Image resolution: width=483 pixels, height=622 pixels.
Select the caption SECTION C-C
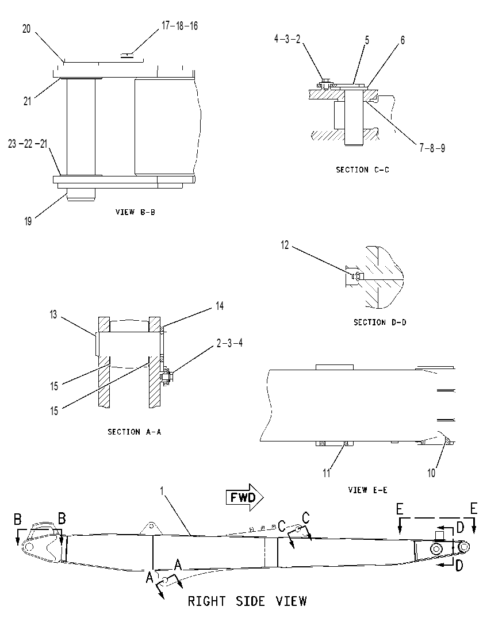(x=362, y=170)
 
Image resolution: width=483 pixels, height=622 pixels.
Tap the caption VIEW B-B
(x=135, y=212)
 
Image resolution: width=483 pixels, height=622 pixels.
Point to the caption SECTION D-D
(x=380, y=322)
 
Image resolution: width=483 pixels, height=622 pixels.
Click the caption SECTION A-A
(x=135, y=432)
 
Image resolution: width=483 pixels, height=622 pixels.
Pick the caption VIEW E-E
(x=368, y=490)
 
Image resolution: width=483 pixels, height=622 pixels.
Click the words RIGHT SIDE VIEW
(x=247, y=601)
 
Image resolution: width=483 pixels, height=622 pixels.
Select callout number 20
(x=26, y=29)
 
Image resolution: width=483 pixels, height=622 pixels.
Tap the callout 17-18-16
(x=179, y=26)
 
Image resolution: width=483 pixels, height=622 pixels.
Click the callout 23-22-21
(x=28, y=144)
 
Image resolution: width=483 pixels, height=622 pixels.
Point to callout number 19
(x=28, y=221)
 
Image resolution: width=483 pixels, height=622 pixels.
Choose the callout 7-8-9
(x=432, y=148)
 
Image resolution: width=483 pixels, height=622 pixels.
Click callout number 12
(x=285, y=245)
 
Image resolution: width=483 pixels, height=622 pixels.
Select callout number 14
(x=220, y=306)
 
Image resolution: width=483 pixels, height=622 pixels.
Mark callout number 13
(x=53, y=314)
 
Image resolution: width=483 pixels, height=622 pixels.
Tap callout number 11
(x=326, y=473)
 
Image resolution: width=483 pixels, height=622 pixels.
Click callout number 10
(x=431, y=473)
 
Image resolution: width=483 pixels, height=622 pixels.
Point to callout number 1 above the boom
(x=162, y=491)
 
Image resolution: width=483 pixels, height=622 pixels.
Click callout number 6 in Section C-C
(x=402, y=40)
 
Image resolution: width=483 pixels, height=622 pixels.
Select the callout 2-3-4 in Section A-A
(x=229, y=343)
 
